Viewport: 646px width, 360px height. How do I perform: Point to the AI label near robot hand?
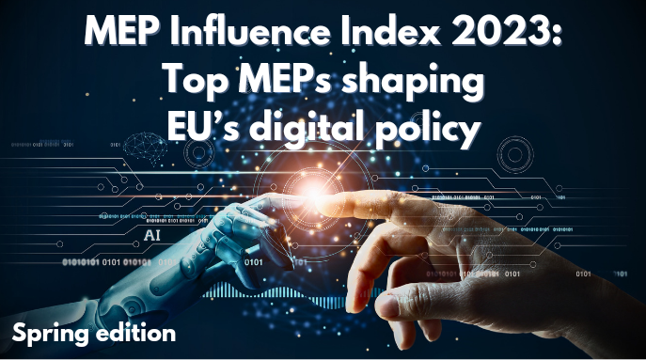pyautogui.click(x=152, y=230)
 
